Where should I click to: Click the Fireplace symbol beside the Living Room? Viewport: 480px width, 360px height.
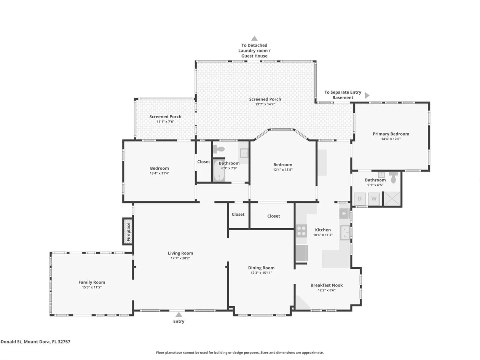128,231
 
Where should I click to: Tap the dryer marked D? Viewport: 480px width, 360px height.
359,199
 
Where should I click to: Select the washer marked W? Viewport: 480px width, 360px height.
373,199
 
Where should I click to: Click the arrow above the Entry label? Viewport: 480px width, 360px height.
179,314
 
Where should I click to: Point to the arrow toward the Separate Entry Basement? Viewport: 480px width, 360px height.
367,95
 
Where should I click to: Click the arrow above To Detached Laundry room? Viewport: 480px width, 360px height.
254,38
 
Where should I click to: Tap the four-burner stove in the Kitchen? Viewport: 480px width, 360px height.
301,231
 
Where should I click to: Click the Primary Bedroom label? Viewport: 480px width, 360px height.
391,134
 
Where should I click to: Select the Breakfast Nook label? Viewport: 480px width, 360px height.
326,285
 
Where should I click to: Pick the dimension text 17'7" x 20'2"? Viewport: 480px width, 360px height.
180,258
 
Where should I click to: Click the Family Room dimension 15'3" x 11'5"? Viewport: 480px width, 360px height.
91,287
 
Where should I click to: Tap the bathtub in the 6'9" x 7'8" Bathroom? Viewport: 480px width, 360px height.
219,171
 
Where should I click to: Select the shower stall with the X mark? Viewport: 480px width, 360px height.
392,199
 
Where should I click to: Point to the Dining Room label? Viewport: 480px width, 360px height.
261,268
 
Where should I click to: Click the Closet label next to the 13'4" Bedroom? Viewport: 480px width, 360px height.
203,162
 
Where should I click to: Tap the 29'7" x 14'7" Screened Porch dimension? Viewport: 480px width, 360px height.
265,104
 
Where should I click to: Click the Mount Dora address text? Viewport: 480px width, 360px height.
35,341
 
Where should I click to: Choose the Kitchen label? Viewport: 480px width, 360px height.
323,230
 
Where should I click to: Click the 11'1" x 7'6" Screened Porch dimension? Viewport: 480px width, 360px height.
165,122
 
